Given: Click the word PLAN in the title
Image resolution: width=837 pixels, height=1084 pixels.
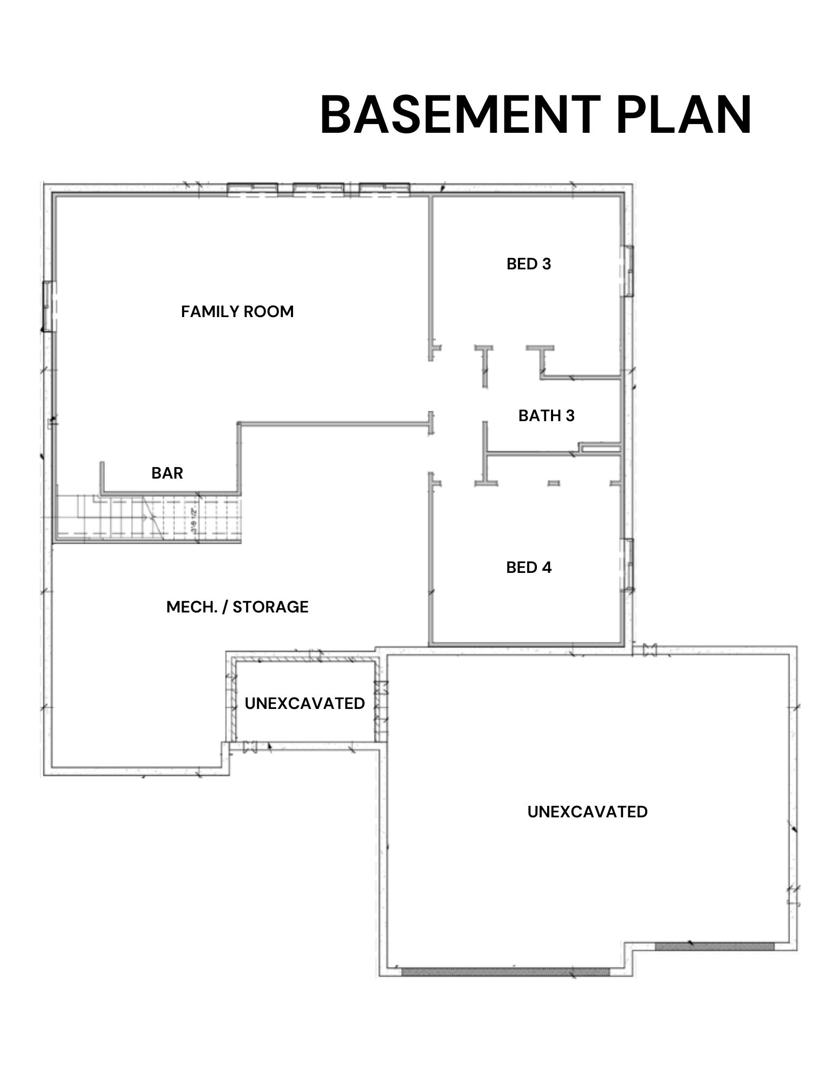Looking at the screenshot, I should (684, 115).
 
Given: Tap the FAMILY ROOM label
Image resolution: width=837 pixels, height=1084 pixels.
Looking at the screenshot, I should (237, 312).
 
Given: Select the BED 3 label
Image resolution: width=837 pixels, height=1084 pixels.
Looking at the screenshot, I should (529, 264).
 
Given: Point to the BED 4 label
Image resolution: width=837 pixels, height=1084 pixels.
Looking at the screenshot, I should (529, 567).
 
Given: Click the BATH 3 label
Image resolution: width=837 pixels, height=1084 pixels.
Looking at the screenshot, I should (546, 416).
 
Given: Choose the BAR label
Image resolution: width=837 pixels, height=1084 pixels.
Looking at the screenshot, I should (167, 473).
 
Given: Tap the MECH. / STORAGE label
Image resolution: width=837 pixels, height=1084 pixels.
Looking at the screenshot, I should (237, 607).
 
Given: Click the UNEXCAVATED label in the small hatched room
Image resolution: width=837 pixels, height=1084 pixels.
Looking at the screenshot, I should (304, 704).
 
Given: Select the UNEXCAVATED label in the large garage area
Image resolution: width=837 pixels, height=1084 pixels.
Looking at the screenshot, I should (587, 812).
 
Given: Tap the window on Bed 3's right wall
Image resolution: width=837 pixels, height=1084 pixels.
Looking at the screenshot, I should (628, 270).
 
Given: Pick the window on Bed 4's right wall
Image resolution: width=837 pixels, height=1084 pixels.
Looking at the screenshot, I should (628, 565).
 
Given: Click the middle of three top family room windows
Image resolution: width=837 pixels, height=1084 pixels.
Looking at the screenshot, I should (318, 189).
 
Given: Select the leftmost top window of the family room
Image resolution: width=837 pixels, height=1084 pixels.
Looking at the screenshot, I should (252, 189).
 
